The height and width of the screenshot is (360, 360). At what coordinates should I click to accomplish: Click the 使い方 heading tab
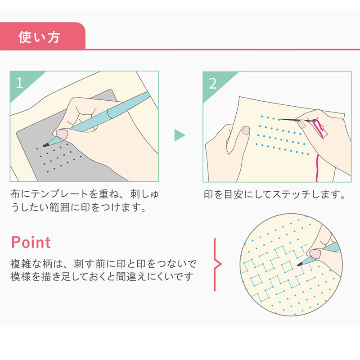[x=39, y=36]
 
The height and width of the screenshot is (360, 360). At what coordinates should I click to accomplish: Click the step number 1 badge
[x=19, y=83]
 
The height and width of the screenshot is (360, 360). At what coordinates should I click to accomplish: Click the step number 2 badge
[x=213, y=83]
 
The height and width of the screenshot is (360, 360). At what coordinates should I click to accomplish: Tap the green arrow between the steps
[x=180, y=135]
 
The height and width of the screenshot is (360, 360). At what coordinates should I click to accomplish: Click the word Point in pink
[x=31, y=242]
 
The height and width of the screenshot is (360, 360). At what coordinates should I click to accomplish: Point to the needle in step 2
[x=290, y=119]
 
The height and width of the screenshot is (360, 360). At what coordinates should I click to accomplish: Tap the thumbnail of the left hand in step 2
[x=246, y=130]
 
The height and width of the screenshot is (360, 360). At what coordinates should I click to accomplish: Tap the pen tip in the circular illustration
[x=300, y=263]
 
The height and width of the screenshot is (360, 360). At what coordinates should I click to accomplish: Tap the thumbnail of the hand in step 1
[x=61, y=134]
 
